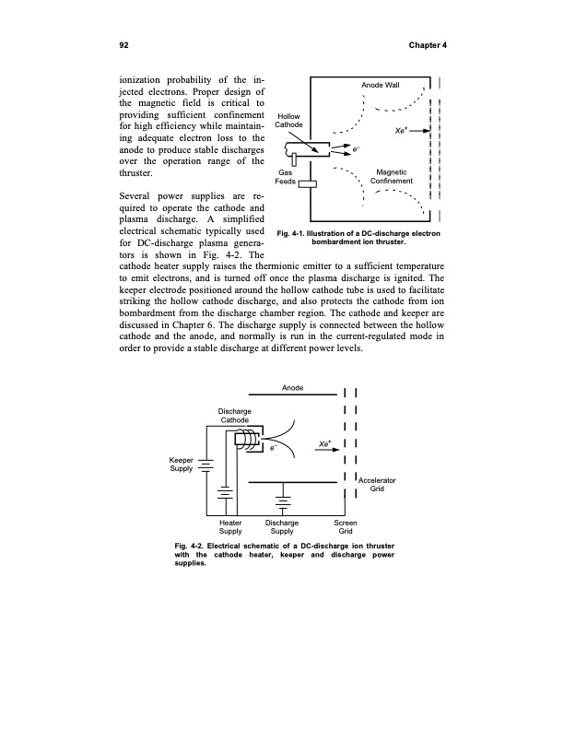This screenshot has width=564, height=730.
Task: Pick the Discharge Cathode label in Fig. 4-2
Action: tap(232, 415)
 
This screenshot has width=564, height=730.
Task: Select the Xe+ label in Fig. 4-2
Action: tap(324, 443)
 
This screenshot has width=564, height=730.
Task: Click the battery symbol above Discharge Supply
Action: tap(282, 503)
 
